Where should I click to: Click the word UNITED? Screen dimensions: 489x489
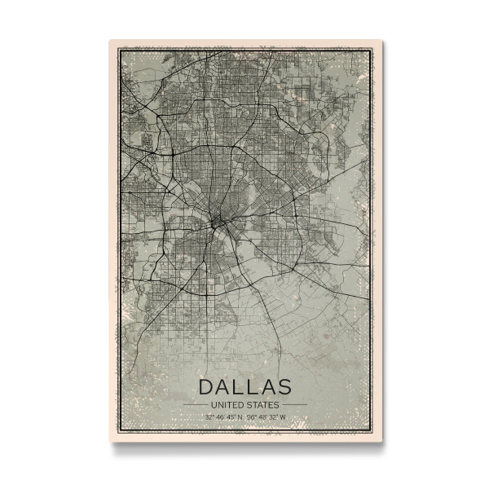pos(227,404)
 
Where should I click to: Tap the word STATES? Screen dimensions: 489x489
pos(263,404)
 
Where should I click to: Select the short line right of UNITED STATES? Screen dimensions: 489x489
pos(295,404)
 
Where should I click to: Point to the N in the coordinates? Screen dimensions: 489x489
pos(240,418)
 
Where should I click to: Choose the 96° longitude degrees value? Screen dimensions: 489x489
pos(251,418)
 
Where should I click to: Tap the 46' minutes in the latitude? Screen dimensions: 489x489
pos(220,418)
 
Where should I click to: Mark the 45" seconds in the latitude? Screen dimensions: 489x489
pos(231,418)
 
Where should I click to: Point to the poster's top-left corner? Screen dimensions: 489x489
pos(109,41)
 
